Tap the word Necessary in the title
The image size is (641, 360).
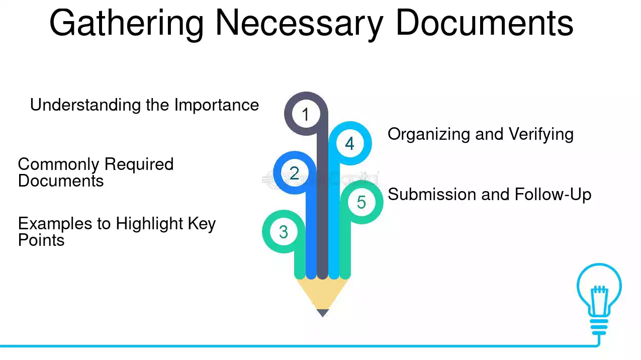tap(299, 24)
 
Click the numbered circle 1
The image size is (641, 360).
tap(306, 114)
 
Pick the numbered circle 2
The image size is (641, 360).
tap(295, 173)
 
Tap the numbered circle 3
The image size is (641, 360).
tap(284, 231)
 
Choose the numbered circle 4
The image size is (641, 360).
tap(350, 143)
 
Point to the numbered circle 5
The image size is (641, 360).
tap(361, 202)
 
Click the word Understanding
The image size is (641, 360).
tap(85, 105)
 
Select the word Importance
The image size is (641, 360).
tap(217, 105)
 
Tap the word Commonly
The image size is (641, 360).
tap(58, 165)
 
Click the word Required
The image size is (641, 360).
tap(139, 165)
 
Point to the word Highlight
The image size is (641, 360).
tap(149, 224)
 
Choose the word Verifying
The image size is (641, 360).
tap(541, 135)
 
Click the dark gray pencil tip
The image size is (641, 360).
tap(323, 313)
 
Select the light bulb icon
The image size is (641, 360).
tap(599, 299)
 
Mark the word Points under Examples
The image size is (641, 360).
tap(41, 240)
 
